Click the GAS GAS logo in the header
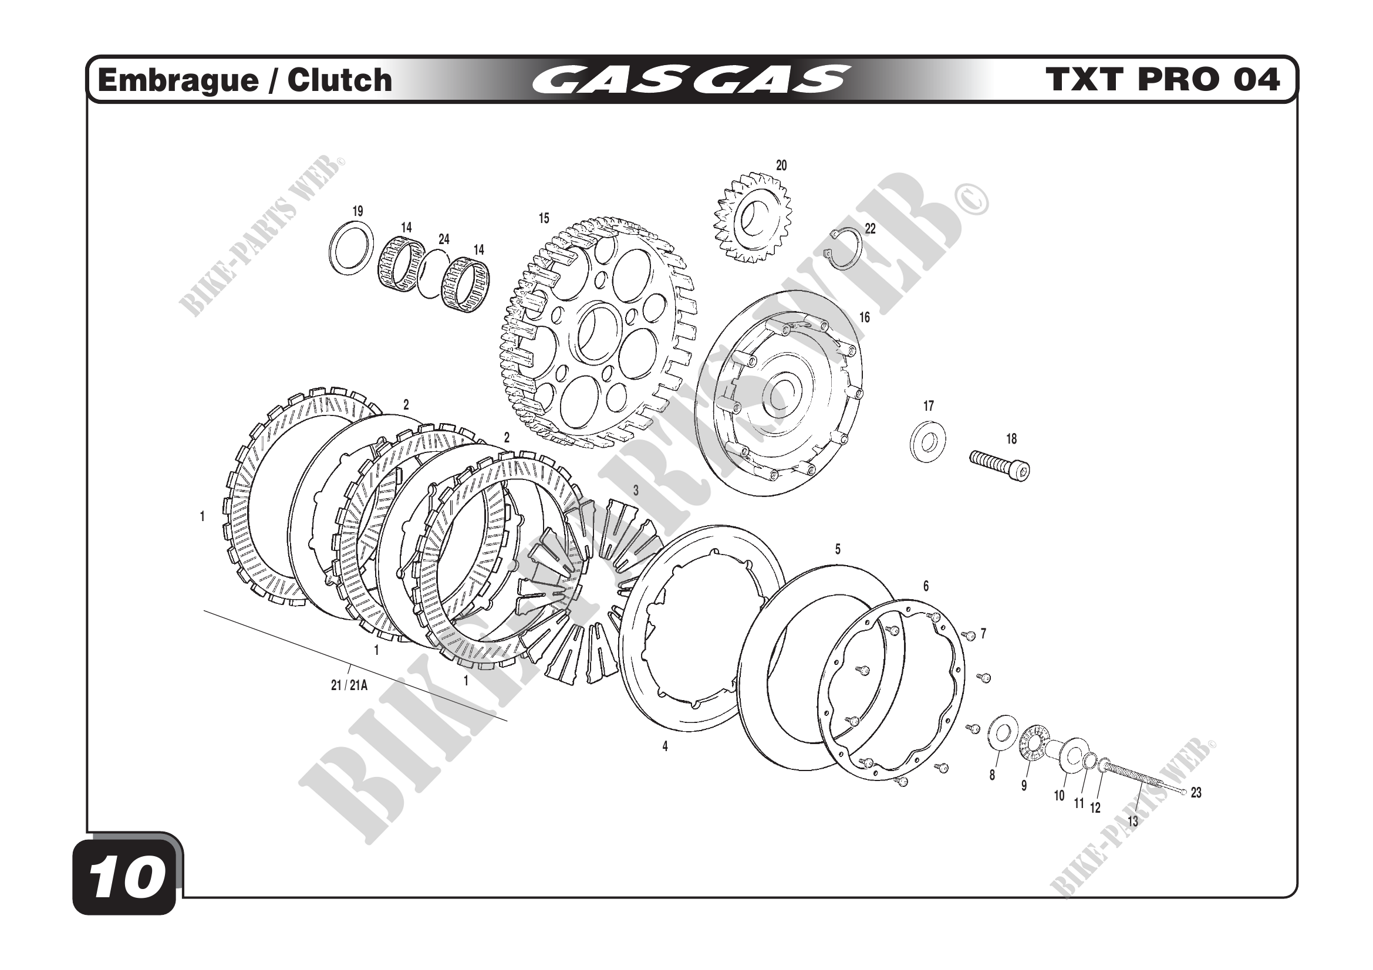click(x=690, y=79)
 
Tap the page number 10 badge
click(x=127, y=879)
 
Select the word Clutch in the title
click(x=339, y=80)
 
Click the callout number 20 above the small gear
click(x=781, y=165)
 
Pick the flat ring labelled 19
click(x=352, y=248)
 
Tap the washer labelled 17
click(x=927, y=444)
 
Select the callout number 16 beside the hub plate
click(x=865, y=317)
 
